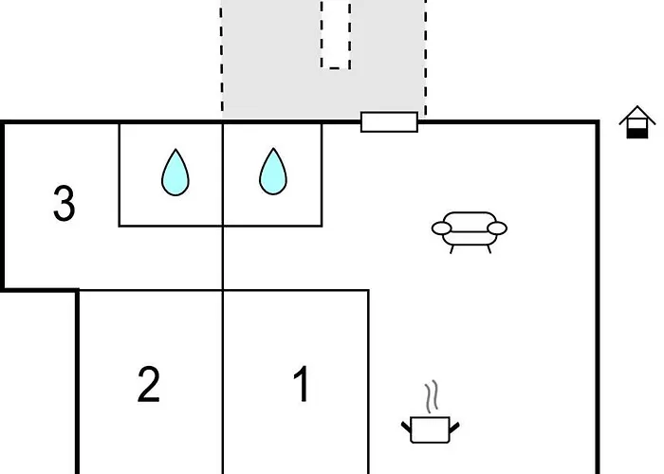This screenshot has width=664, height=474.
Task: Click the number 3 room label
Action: coord(64,204)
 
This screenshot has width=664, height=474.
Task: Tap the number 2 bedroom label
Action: coord(149,385)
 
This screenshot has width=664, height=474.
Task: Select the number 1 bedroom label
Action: coord(302,385)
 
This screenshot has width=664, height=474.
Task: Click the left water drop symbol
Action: coord(175,173)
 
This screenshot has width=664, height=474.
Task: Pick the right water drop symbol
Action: coord(273,173)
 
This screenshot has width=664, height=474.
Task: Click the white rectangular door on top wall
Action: coord(389,121)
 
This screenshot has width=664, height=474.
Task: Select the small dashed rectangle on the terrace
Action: coord(336,34)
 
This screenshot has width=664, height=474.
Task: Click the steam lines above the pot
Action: coord(433,397)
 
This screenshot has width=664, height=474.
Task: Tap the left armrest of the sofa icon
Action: coord(441,228)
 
